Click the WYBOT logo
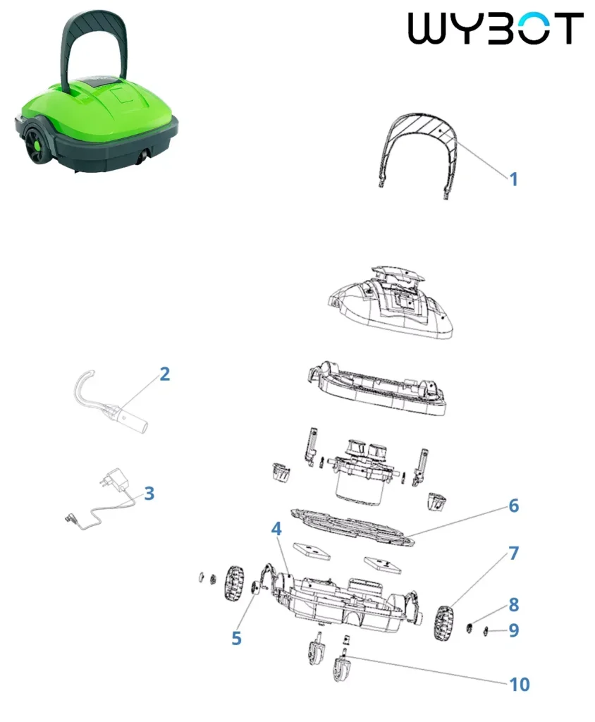(496, 28)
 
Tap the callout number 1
(513, 179)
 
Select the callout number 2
(164, 374)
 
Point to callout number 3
(149, 493)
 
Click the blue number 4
(276, 529)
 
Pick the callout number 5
(236, 638)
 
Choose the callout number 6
(514, 506)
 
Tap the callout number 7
(514, 553)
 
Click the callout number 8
(514, 604)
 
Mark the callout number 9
(514, 630)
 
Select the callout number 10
(520, 685)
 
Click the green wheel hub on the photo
(35, 146)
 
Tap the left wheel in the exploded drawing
(235, 583)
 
